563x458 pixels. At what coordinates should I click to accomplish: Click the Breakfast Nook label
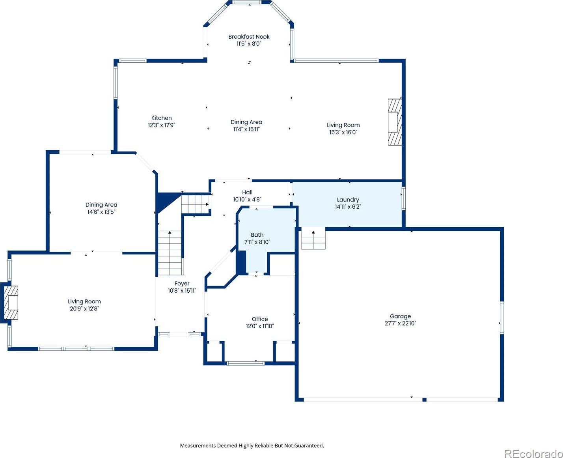click(x=249, y=37)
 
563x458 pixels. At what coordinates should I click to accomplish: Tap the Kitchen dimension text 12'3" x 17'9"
click(x=162, y=125)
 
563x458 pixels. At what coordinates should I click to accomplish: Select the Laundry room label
click(x=348, y=200)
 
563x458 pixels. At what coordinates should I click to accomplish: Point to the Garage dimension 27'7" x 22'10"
click(x=400, y=323)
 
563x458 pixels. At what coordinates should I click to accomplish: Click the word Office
click(x=260, y=319)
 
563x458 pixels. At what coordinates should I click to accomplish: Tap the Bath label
click(x=257, y=235)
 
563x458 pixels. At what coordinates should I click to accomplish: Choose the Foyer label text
click(x=182, y=284)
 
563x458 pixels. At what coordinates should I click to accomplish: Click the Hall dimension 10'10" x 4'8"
click(x=247, y=199)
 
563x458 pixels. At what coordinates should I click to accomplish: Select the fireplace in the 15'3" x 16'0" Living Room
click(x=395, y=122)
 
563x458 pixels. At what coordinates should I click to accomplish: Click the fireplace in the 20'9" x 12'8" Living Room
click(x=11, y=303)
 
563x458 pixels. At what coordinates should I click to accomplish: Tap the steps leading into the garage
click(x=313, y=239)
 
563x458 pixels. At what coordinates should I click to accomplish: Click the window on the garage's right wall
click(x=501, y=318)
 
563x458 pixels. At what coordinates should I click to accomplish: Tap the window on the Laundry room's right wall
click(x=403, y=198)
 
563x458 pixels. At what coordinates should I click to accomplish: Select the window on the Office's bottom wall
click(x=246, y=363)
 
